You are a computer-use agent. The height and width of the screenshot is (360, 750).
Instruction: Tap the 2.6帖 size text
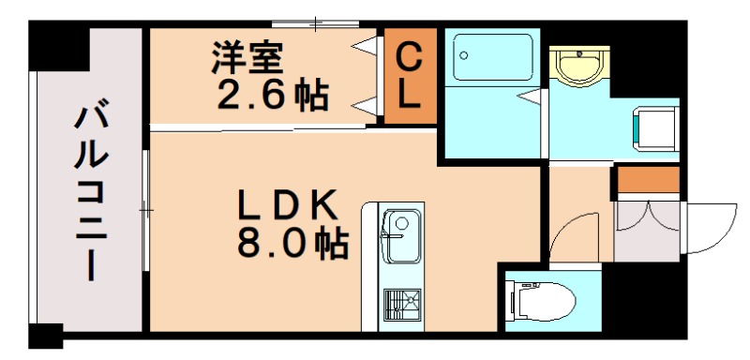pyautogui.click(x=273, y=95)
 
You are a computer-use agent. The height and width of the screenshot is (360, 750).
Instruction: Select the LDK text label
pyautogui.click(x=285, y=203)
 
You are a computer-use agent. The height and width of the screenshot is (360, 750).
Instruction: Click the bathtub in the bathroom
pyautogui.click(x=491, y=59)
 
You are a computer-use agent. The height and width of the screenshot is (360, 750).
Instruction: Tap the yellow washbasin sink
pyautogui.click(x=574, y=67)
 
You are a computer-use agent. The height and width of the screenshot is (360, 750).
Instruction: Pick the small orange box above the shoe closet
pyautogui.click(x=648, y=179)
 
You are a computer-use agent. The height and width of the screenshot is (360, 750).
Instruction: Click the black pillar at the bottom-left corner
pyautogui.click(x=45, y=336)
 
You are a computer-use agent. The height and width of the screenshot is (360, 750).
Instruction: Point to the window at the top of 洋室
pyautogui.click(x=315, y=23)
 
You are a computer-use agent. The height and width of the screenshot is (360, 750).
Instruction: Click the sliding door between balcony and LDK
pyautogui.click(x=145, y=211)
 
